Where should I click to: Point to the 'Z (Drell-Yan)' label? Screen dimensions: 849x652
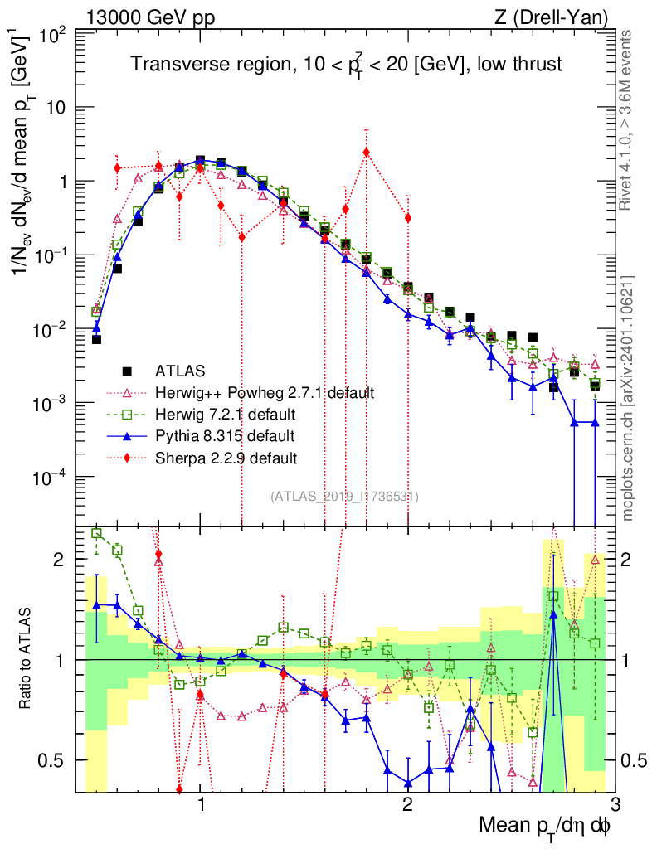[560, 17]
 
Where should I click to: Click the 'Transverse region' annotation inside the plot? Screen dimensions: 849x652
[348, 65]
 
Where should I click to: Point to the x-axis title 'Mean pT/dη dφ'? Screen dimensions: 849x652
[546, 827]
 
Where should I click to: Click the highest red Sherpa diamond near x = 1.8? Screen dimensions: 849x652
[366, 152]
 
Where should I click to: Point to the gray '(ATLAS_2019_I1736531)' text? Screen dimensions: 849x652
[344, 497]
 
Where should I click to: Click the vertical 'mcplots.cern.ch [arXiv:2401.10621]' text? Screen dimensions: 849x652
[629, 398]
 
